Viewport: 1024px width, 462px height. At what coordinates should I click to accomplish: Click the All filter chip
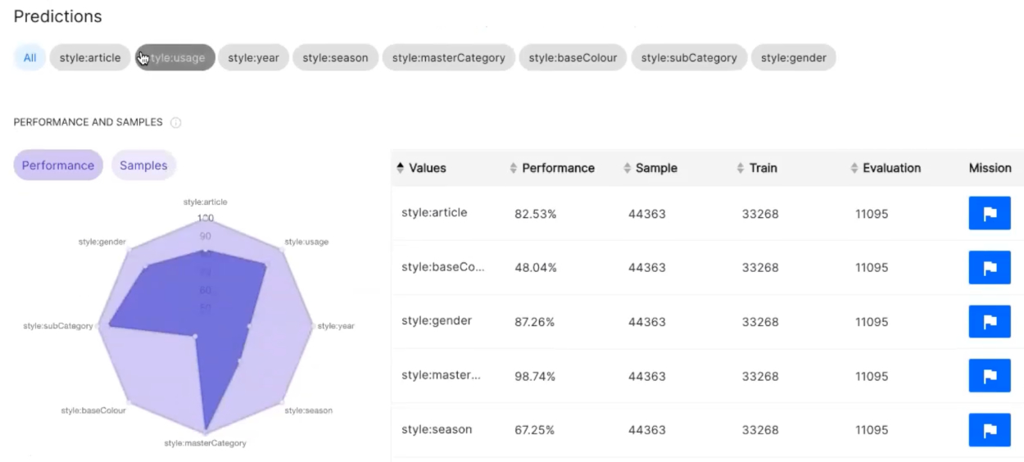coord(29,57)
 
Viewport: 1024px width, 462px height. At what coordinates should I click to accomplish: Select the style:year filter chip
coord(253,57)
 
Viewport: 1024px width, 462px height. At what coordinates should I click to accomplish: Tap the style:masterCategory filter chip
coord(448,57)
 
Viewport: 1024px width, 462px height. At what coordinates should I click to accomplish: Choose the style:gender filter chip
coord(793,57)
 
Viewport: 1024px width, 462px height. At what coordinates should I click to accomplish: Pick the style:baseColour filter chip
coord(573,57)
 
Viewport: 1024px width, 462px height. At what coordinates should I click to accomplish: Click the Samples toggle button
coord(143,165)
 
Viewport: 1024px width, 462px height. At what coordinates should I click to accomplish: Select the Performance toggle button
coord(58,165)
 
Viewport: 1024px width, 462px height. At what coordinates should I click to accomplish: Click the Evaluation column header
coord(891,168)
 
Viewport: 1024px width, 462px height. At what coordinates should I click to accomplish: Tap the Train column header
coord(763,168)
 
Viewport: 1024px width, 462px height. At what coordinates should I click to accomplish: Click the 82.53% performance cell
coord(535,214)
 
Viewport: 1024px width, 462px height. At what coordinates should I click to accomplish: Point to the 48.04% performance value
coord(535,268)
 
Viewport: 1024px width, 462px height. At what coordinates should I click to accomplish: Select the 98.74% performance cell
coord(535,377)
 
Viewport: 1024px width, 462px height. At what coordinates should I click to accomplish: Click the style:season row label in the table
coord(437,430)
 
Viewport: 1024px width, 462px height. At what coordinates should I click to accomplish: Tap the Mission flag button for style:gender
coord(989,322)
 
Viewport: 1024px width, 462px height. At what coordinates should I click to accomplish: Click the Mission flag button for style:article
coord(989,214)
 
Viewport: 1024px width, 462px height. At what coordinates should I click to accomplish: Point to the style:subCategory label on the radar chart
coord(58,326)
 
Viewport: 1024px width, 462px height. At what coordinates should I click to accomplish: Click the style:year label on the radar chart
coord(336,326)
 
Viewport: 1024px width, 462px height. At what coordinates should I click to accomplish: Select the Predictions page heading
coord(57,16)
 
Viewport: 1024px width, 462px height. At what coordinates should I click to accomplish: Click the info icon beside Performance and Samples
coord(175,123)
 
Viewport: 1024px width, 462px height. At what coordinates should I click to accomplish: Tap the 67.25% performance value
coord(535,430)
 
